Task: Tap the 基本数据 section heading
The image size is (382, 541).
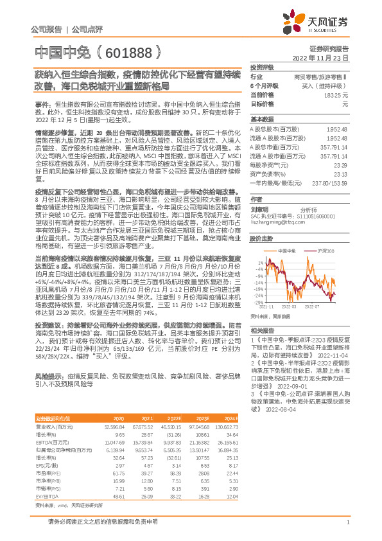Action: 261,120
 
